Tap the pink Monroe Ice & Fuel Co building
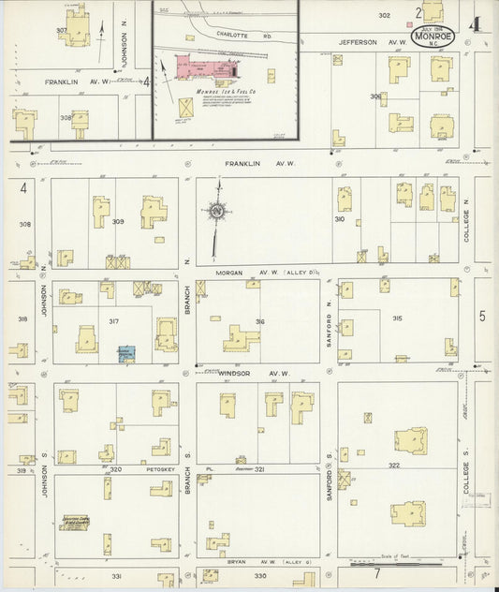pyautogui.click(x=195, y=68)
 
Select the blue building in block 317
pyautogui.click(x=125, y=354)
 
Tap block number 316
pyautogui.click(x=259, y=321)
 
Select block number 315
pyautogui.click(x=397, y=318)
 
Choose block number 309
pyautogui.click(x=117, y=221)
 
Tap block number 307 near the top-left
pyautogui.click(x=62, y=30)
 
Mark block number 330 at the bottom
pyautogui.click(x=259, y=575)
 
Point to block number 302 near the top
pyautogui.click(x=384, y=15)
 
